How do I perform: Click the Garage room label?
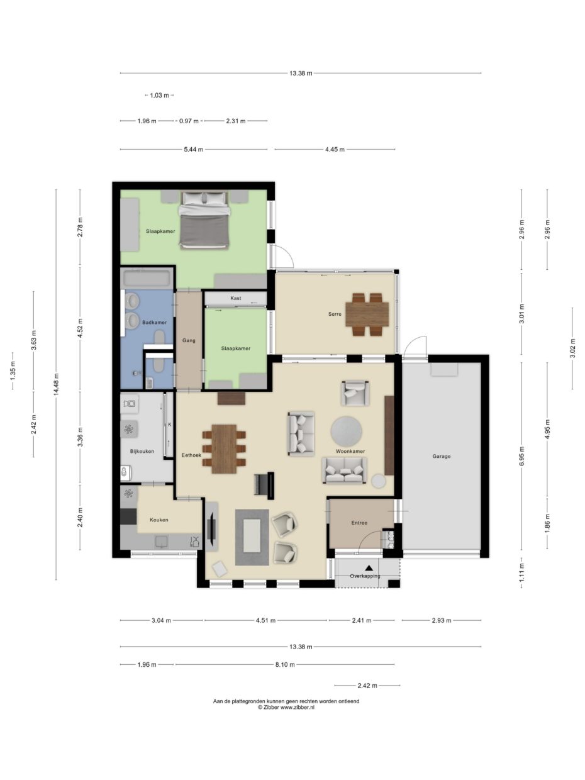tap(441, 456)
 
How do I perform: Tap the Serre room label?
tap(334, 314)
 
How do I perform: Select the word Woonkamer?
tap(350, 451)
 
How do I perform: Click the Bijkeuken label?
tap(142, 451)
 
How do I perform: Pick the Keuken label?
tap(159, 520)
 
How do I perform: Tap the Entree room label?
tap(359, 523)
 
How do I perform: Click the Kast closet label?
tap(235, 298)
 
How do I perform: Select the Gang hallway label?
tap(189, 340)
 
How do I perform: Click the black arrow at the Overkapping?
tap(369, 569)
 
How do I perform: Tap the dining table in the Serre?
tap(367, 313)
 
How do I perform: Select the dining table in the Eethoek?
tap(224, 448)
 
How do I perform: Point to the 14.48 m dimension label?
tap(57, 384)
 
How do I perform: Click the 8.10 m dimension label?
tap(284, 664)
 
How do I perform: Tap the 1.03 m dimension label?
tap(159, 96)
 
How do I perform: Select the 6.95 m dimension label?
tap(521, 456)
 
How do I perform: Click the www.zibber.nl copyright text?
tap(286, 707)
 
